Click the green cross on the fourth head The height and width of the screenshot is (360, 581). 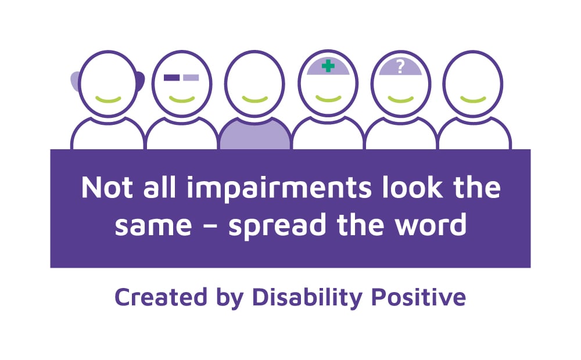pyautogui.click(x=328, y=66)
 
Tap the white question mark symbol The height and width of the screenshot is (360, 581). pyautogui.click(x=400, y=67)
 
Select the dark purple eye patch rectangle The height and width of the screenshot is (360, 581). pyautogui.click(x=171, y=77)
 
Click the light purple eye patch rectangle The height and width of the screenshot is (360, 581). pyautogui.click(x=191, y=77)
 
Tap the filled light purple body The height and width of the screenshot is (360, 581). pyautogui.click(x=255, y=135)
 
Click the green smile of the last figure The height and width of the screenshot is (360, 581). pyautogui.click(x=473, y=99)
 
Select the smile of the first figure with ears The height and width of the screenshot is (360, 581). pyautogui.click(x=108, y=99)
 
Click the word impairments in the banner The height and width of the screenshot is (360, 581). pyautogui.click(x=279, y=189)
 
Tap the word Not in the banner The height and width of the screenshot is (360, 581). pyautogui.click(x=107, y=188)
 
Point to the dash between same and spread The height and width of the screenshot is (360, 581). pyautogui.click(x=210, y=226)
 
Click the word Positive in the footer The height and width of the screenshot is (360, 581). pyautogui.click(x=418, y=297)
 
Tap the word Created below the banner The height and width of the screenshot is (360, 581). pyautogui.click(x=161, y=297)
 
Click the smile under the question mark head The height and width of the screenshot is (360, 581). pyautogui.click(x=400, y=99)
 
